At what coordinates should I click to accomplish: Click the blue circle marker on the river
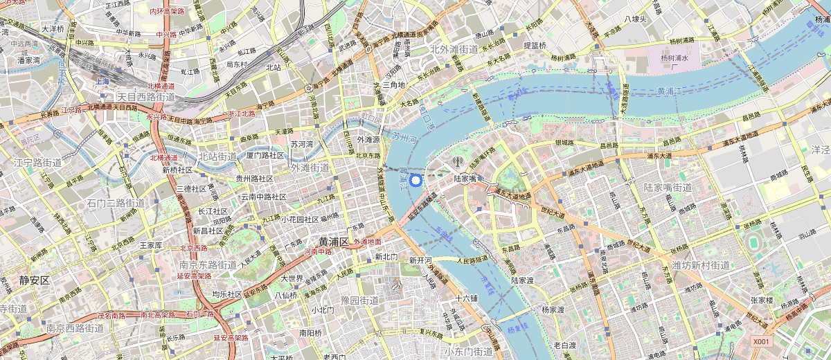415,181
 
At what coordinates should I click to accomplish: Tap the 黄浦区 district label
334,242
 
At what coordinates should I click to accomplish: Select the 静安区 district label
34,280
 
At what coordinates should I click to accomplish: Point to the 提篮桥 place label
535,46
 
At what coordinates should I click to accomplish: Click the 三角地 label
393,84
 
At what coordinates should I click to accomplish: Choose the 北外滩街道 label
454,48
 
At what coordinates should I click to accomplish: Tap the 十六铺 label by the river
467,298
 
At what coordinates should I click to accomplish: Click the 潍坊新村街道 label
701,265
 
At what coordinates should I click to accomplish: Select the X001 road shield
762,341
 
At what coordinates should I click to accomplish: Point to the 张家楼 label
766,300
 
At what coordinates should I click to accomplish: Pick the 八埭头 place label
635,19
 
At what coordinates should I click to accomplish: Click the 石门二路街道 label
116,203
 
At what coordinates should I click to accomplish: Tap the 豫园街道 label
359,300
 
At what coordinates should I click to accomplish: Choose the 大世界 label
292,278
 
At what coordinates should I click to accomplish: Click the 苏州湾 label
302,145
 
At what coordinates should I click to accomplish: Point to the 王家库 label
151,245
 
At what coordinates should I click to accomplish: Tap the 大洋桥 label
52,29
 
